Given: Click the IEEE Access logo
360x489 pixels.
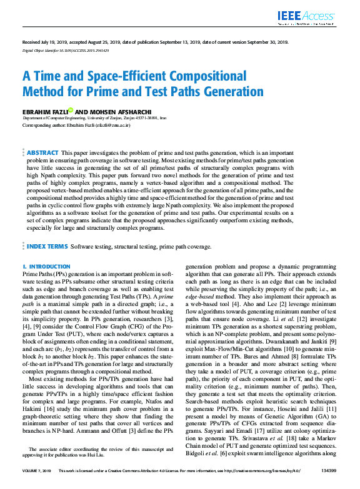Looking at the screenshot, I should point(310,17).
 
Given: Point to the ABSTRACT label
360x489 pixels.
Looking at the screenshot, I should point(42,153).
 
